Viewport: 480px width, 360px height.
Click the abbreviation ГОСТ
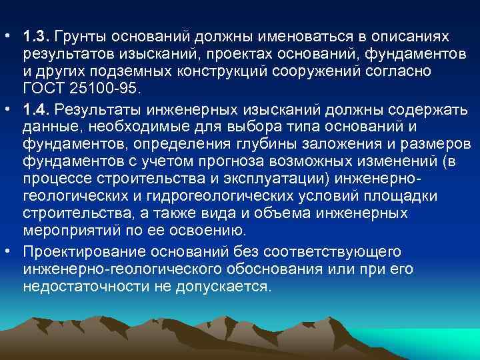(x=43, y=89)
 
